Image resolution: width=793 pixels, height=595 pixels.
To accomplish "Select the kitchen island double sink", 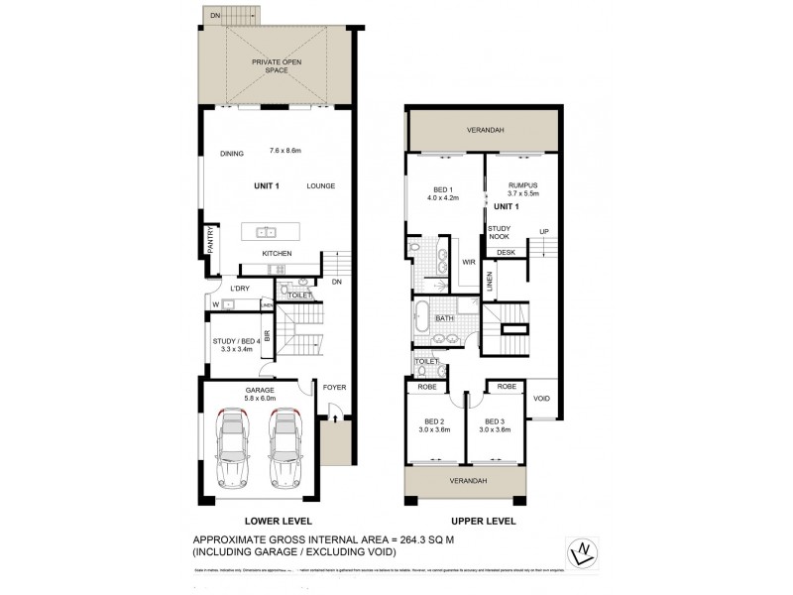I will [x=265, y=234].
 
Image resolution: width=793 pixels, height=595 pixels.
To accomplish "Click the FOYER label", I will [x=334, y=387].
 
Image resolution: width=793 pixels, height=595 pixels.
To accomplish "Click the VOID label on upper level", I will [x=541, y=399].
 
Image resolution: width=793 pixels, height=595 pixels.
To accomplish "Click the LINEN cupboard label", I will [x=490, y=284].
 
